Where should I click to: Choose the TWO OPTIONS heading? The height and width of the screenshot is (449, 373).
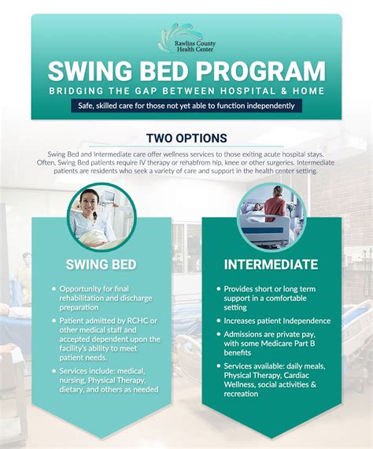coord(186,138)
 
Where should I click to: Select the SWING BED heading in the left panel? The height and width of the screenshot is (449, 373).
coord(102,264)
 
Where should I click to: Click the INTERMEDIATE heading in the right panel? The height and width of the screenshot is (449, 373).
coord(271,264)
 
